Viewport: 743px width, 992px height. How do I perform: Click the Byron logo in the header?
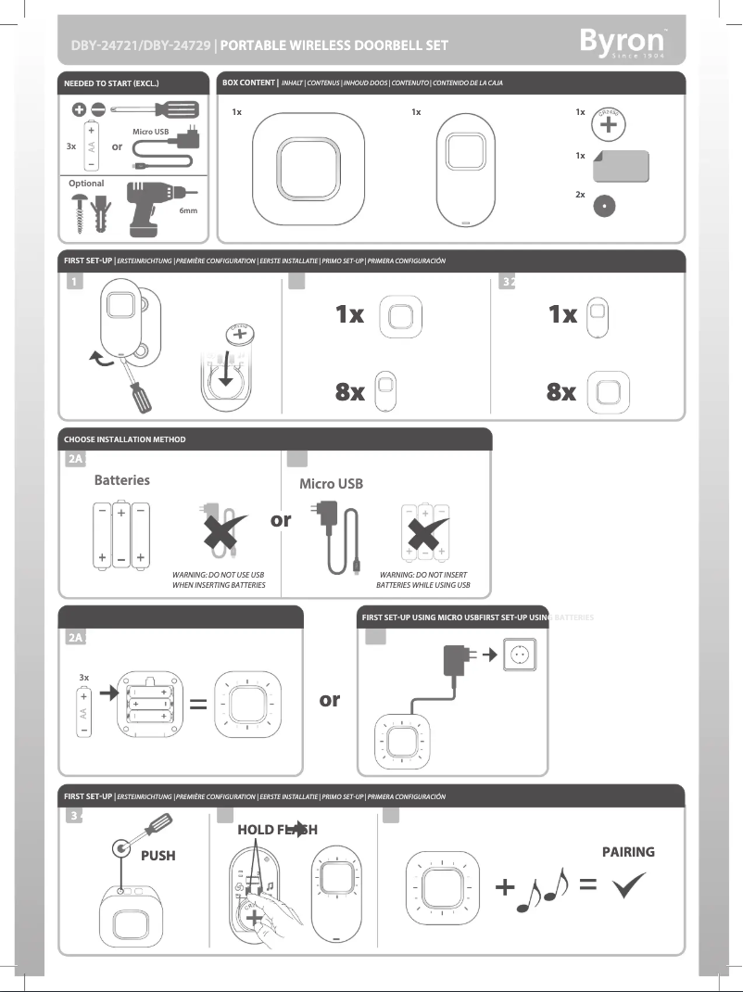(622, 42)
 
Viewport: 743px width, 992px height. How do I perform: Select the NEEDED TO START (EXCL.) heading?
(111, 84)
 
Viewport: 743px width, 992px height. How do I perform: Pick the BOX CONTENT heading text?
(249, 83)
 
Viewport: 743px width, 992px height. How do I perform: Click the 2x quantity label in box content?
(580, 196)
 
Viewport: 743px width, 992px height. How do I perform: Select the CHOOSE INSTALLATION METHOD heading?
(124, 439)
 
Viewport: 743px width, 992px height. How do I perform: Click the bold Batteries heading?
(121, 480)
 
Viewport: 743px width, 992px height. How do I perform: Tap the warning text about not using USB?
(219, 580)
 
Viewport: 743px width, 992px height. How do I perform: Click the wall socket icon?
(519, 655)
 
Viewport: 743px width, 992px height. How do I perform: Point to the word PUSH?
(157, 856)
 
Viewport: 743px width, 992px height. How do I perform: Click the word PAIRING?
(628, 852)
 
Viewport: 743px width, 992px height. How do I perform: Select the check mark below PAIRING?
(630, 887)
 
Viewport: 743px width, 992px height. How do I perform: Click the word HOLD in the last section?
(256, 830)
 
